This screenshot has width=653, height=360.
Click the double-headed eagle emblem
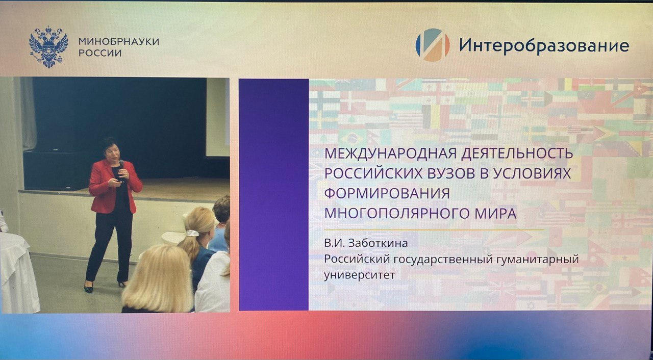(48, 47)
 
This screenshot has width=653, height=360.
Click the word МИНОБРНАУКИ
(119, 42)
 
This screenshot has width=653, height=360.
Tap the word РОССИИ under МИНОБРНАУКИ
(100, 53)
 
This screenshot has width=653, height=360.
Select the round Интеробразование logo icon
(432, 45)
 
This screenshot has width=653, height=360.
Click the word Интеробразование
(544, 46)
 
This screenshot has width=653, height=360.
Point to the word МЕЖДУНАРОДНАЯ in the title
(390, 153)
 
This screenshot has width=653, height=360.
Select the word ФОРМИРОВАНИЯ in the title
(387, 193)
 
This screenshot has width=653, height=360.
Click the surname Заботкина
(378, 243)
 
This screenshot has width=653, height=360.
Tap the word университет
(360, 275)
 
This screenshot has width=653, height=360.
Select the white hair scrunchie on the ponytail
(193, 233)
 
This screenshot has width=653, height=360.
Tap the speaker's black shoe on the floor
(89, 288)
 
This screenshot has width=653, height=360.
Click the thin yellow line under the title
(434, 230)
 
